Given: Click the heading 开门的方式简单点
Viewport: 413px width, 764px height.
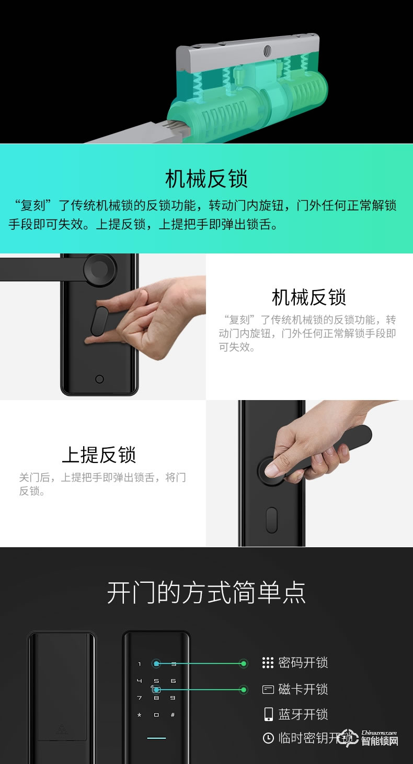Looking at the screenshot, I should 206,592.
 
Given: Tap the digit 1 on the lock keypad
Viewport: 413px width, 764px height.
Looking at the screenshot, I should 140,664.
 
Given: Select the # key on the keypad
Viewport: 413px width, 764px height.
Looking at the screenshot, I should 173,715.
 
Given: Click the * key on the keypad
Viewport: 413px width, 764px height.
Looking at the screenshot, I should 140,715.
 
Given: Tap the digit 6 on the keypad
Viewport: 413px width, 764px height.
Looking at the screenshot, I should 173,681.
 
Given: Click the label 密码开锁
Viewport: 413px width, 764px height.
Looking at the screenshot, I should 303,663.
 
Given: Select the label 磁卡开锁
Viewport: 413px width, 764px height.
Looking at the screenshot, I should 303,689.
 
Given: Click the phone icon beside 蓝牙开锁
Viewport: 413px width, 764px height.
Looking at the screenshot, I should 268,714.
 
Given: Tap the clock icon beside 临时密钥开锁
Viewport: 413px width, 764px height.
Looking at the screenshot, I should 268,738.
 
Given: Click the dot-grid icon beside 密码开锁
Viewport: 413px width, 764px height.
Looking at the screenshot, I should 268,663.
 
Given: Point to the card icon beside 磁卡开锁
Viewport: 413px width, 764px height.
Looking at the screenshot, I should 268,689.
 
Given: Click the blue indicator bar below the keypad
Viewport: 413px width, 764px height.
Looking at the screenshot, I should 156,738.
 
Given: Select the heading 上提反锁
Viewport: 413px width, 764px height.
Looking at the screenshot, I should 99,455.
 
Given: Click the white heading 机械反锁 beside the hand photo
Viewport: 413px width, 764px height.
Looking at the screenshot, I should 308,297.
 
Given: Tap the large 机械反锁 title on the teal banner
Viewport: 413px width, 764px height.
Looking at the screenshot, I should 206,179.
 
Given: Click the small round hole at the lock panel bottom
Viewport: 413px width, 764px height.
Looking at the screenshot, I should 99,379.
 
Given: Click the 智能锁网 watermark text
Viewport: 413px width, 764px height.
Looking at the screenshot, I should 380,741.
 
